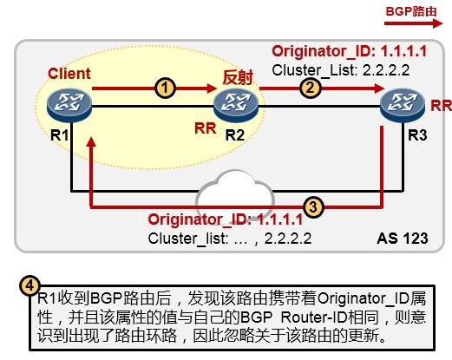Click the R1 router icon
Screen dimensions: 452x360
tap(69, 105)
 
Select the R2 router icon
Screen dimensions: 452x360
tap(236, 105)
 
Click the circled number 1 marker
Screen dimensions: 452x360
tap(165, 88)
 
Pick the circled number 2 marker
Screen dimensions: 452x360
tap(310, 88)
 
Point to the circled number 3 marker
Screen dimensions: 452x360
tap(313, 207)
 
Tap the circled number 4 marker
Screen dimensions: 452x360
tap(29, 286)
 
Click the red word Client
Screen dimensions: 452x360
tap(69, 74)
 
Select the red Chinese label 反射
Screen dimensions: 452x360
tap(238, 77)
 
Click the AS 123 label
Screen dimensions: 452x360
tap(403, 239)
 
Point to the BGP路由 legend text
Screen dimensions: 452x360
tap(411, 11)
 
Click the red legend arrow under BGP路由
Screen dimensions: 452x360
tap(414, 23)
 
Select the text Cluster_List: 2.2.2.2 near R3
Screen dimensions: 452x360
tap(341, 70)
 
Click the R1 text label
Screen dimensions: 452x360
tap(60, 135)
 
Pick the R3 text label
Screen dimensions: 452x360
tap(417, 135)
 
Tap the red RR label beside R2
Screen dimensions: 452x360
tap(206, 128)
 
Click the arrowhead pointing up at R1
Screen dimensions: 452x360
tap(91, 141)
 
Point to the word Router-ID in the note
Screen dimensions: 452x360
tap(314, 317)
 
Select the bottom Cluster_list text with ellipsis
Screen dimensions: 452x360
tap(230, 239)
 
